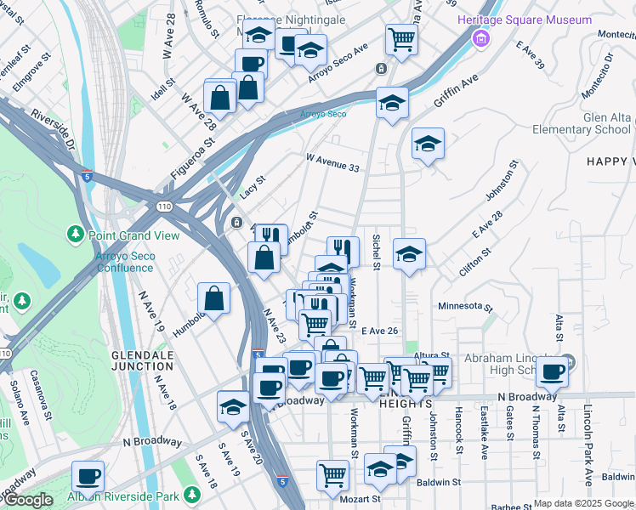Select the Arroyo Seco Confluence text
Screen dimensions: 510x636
pos(113,261)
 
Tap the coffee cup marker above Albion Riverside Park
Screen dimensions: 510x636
pos(88,476)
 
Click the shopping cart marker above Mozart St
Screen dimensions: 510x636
pos(332,474)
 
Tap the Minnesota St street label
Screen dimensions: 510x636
pos(465,306)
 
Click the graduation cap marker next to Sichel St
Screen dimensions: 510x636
pos(409,253)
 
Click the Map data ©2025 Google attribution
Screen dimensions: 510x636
pos(583,503)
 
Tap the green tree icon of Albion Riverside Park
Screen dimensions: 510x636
pos(192,494)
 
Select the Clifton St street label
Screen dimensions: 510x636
pos(475,253)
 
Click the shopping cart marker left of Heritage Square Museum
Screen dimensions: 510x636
pos(400,37)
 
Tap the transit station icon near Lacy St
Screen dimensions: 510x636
pos(236,223)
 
